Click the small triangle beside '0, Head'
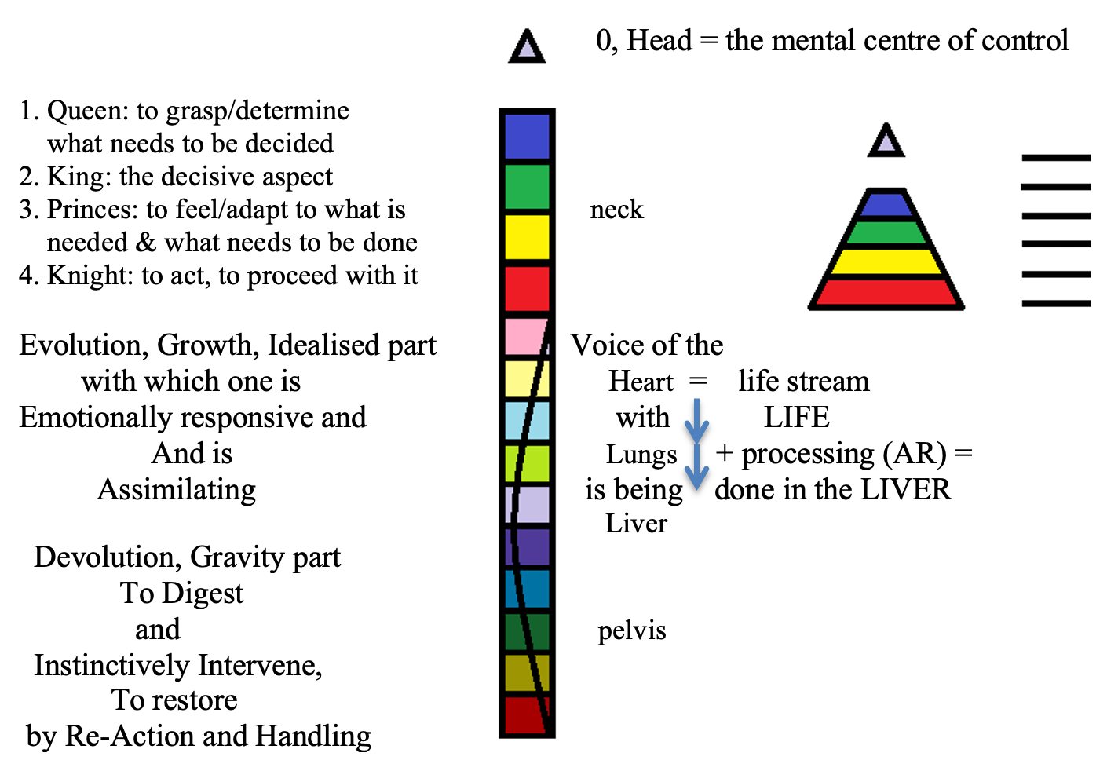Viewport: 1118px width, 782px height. point(527,49)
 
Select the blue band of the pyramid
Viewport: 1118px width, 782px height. point(886,204)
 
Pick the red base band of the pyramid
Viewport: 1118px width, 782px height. point(886,292)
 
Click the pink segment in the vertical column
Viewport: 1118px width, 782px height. point(524,336)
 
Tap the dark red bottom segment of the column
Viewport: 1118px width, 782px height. point(524,714)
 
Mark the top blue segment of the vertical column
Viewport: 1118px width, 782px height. point(527,137)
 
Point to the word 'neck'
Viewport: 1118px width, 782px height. point(616,210)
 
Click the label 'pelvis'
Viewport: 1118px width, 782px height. point(631,630)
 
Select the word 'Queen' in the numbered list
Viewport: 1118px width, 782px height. point(86,111)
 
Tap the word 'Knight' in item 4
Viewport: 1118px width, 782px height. point(89,276)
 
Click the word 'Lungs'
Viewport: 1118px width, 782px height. point(641,455)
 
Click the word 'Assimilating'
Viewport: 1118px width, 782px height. point(177,489)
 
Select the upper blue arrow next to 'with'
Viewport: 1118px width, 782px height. point(696,421)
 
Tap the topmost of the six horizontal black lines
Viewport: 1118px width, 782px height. point(1056,158)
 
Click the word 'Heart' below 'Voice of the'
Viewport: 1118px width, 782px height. point(641,382)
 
